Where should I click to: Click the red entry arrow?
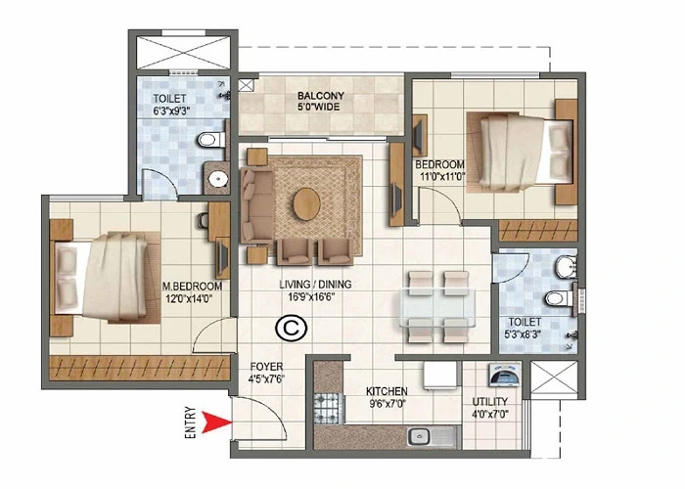(216, 422)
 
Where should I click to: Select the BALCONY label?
(319, 96)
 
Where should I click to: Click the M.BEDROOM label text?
(192, 286)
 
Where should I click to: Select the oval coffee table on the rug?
(306, 202)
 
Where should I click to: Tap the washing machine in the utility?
(498, 377)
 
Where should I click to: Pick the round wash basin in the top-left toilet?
(215, 179)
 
